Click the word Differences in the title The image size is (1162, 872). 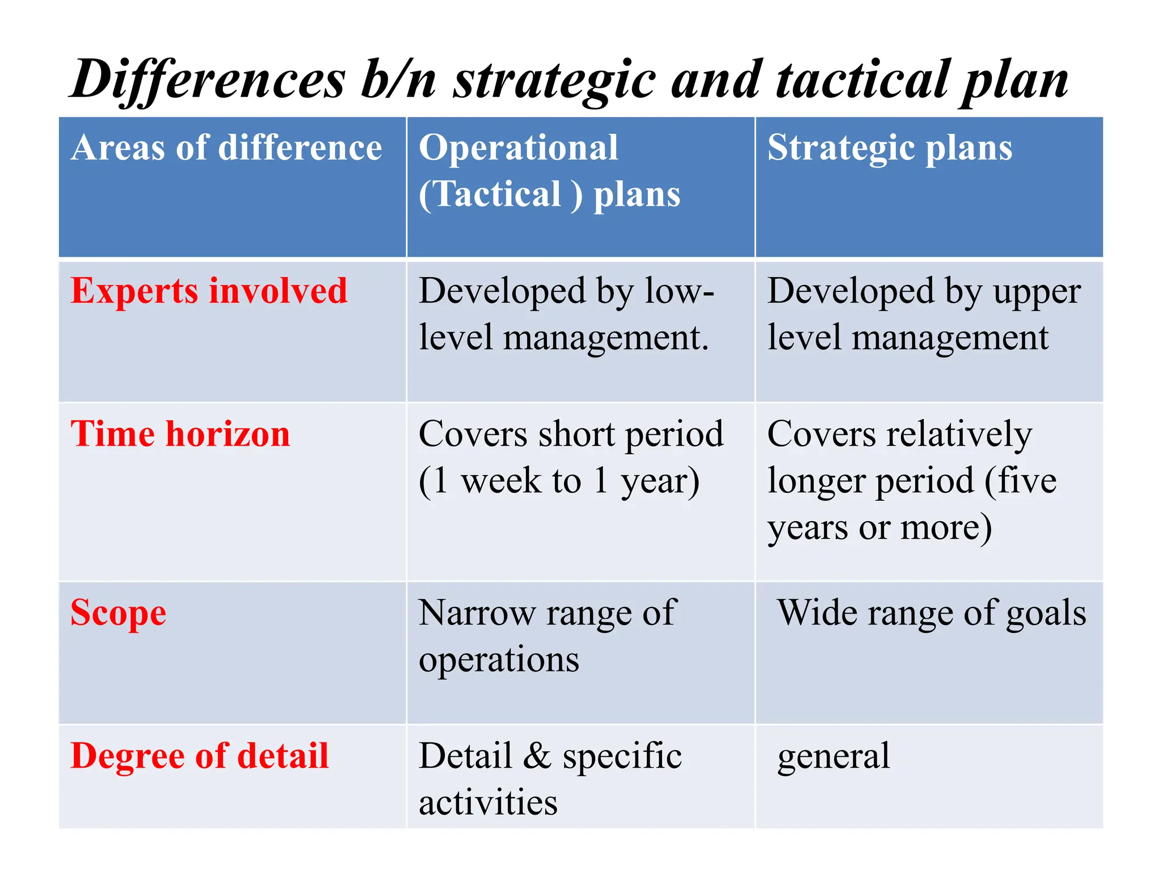(x=208, y=79)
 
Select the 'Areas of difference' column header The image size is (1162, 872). (x=226, y=148)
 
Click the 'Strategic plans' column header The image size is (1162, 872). (x=890, y=148)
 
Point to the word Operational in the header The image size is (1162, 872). (x=518, y=148)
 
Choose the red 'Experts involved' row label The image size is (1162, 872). (x=209, y=291)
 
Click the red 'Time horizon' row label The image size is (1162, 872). (x=180, y=434)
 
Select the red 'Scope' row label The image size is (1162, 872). (x=118, y=613)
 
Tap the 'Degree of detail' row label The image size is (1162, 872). (x=199, y=756)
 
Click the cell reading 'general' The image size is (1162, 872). (x=833, y=756)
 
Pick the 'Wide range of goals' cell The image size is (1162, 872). (x=931, y=613)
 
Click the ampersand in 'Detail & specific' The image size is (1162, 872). (x=537, y=756)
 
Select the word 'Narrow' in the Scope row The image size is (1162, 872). (x=477, y=613)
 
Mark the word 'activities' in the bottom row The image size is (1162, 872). (x=488, y=803)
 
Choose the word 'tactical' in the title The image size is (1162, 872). (x=862, y=79)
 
